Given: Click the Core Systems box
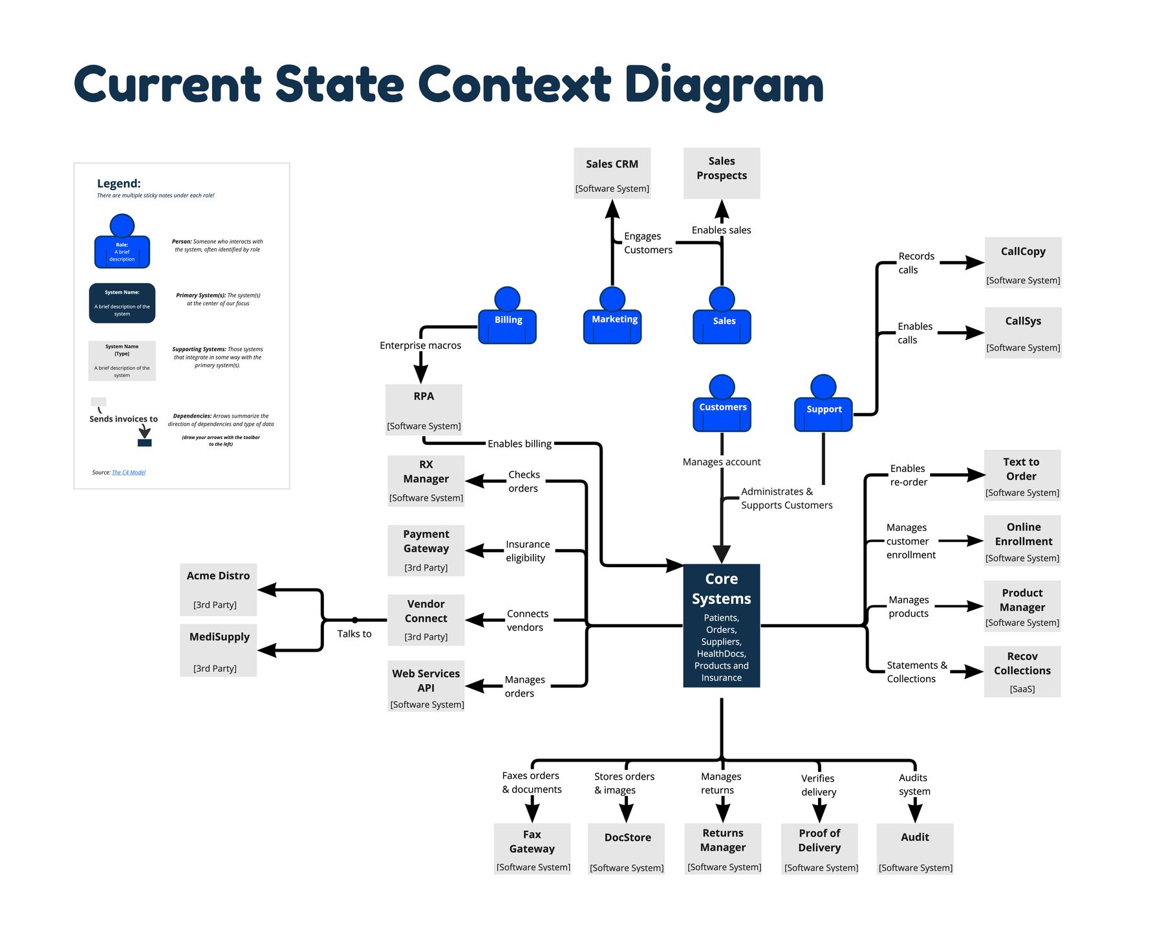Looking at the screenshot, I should tap(721, 625).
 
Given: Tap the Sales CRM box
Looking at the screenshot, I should tap(612, 173).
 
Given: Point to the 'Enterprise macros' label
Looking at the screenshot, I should tap(420, 345).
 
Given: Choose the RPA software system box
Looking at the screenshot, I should tap(424, 409).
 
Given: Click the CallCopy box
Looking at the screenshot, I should tap(1022, 263).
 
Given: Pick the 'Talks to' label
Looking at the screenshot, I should tap(354, 634).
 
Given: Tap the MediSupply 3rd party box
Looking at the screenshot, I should tap(218, 650).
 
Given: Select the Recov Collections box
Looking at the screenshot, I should tap(1022, 671).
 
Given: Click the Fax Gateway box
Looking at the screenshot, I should tap(532, 848).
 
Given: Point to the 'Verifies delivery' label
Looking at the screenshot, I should tap(818, 785).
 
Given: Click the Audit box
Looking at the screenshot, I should tap(914, 848).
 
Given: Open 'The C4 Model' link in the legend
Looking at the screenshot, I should tap(129, 473).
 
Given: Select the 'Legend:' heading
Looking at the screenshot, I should tap(118, 184).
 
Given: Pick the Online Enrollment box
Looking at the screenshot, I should tap(1022, 541).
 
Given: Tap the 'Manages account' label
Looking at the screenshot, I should tap(721, 462).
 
